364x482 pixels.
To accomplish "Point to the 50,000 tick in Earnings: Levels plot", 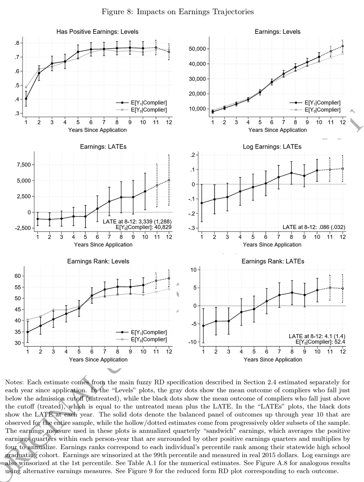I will point(197,49).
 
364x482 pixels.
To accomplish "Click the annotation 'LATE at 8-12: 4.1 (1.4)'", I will point(317,336).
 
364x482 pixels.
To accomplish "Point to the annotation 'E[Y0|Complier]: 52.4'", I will point(320,342).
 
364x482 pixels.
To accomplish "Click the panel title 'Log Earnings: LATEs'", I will point(273,147).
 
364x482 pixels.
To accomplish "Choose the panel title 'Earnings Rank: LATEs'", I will point(273,261).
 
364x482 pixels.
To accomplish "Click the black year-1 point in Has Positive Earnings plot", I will point(26,99).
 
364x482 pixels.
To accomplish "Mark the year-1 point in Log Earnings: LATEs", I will point(202,203).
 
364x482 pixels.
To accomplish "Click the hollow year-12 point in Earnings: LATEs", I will point(169,180).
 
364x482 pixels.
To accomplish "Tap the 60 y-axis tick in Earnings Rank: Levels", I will point(18,276).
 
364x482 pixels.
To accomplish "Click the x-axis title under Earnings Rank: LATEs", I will point(273,359).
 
